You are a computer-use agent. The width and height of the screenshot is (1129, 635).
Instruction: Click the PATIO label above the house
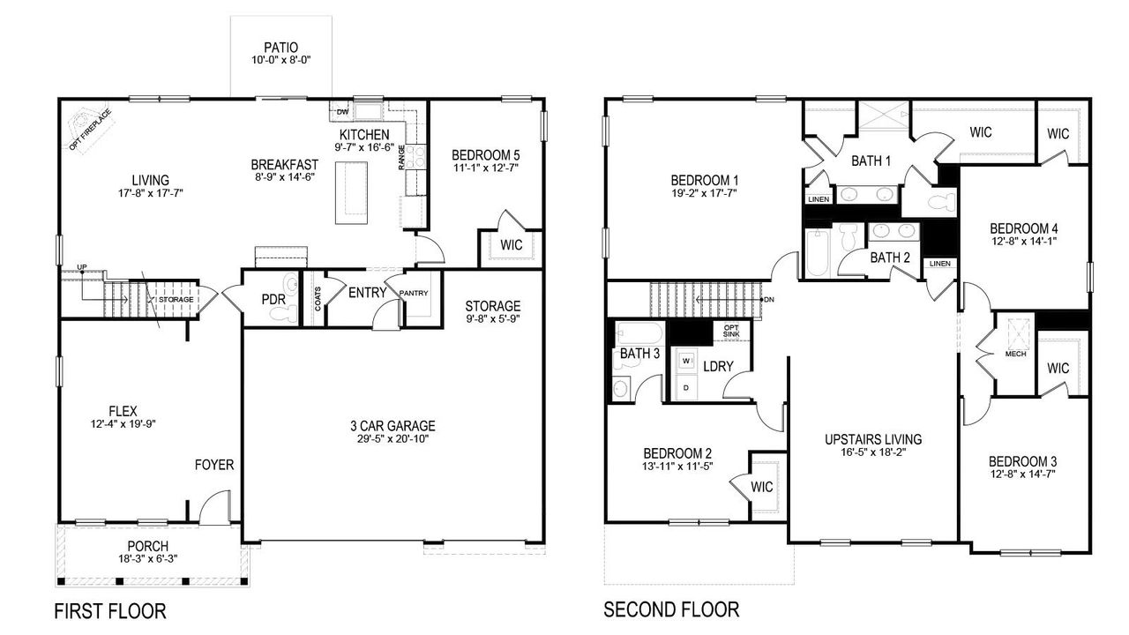click(281, 47)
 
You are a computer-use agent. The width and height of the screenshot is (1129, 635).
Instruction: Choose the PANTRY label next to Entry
click(414, 293)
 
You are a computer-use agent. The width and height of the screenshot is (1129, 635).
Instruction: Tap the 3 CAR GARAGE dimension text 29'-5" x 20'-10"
click(393, 439)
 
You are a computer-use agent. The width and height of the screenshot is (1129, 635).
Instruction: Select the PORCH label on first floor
click(147, 546)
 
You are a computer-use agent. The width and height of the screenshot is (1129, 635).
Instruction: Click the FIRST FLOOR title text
click(110, 610)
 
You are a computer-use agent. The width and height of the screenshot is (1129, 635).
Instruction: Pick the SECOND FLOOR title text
click(671, 609)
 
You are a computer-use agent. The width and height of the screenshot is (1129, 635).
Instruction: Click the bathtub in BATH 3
click(639, 333)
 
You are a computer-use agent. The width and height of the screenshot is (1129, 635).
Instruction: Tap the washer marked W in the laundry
click(685, 362)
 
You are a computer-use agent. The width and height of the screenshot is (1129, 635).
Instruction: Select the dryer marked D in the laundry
click(685, 387)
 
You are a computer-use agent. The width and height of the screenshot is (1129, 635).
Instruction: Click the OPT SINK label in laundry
click(731, 331)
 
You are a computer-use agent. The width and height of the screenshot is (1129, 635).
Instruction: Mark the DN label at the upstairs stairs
click(769, 299)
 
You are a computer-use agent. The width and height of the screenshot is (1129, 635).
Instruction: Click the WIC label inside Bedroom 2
click(761, 486)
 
